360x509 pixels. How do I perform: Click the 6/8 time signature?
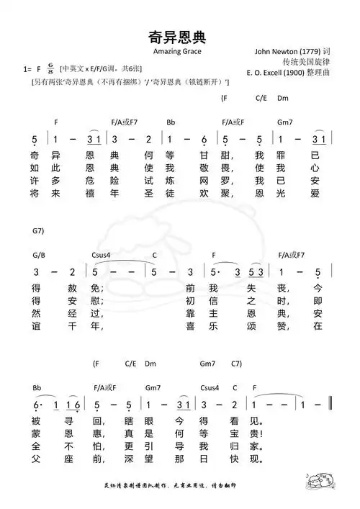click(50, 68)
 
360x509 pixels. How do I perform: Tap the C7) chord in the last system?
click(236, 364)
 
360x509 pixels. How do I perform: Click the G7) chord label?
click(39, 230)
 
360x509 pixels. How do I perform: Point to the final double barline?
click(330, 405)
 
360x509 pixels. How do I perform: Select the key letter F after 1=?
click(38, 68)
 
